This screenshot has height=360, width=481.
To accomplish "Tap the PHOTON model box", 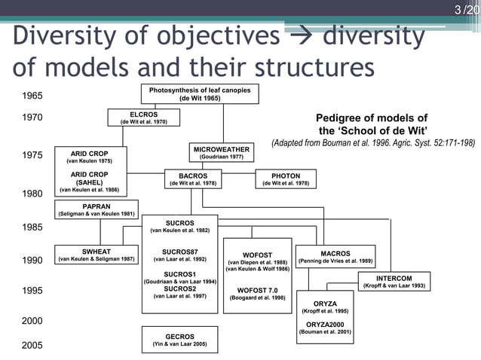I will click(x=286, y=179).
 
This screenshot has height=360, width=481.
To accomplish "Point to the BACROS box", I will click(x=193, y=179).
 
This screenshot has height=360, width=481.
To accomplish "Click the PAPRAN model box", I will click(x=97, y=209).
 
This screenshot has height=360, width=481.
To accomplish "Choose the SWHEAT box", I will click(x=97, y=255).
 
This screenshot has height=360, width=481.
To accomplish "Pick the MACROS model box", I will click(x=335, y=257).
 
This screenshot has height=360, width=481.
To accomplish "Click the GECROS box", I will click(x=179, y=340).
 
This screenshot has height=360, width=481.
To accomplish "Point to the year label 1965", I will click(x=32, y=96).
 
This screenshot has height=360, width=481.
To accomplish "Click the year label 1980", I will click(x=32, y=194).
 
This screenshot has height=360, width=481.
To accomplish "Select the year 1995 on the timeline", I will click(x=32, y=291).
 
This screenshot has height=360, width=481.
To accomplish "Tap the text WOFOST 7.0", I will click(x=257, y=290).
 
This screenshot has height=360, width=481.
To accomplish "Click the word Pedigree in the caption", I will click(x=345, y=117).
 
